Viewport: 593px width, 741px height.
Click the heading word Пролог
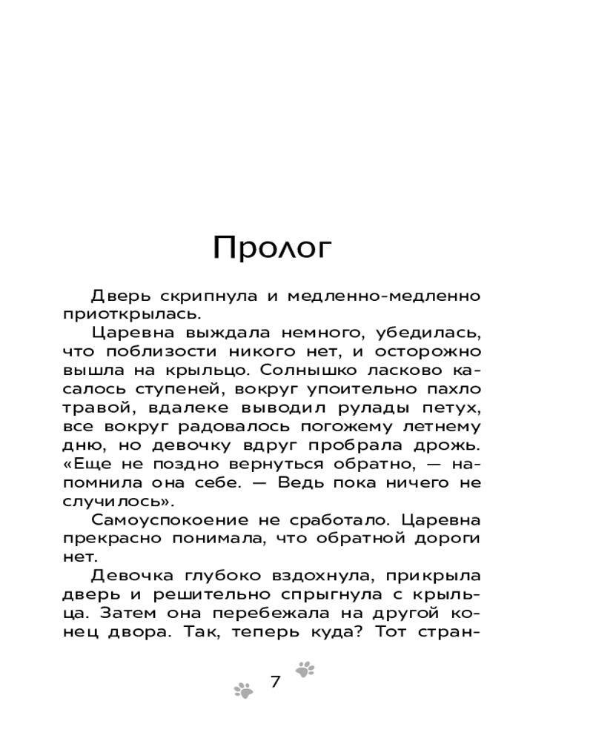pyautogui.click(x=271, y=248)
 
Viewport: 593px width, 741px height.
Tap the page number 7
pyautogui.click(x=276, y=682)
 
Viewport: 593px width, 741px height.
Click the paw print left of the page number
pyautogui.click(x=243, y=691)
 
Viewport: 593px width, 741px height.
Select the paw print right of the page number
pyautogui.click(x=305, y=670)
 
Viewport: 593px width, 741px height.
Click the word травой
pyautogui.click(x=94, y=408)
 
